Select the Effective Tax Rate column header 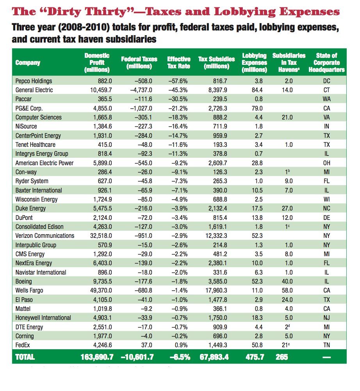(179, 62)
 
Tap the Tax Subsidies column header (217, 62)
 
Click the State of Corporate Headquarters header (326, 62)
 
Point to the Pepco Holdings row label (34, 81)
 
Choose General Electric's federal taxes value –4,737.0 (139, 90)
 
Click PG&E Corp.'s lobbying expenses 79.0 (257, 108)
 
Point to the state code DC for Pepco (327, 81)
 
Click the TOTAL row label (25, 357)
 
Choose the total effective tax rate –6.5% (180, 357)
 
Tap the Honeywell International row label (43, 318)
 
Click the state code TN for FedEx (327, 345)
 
